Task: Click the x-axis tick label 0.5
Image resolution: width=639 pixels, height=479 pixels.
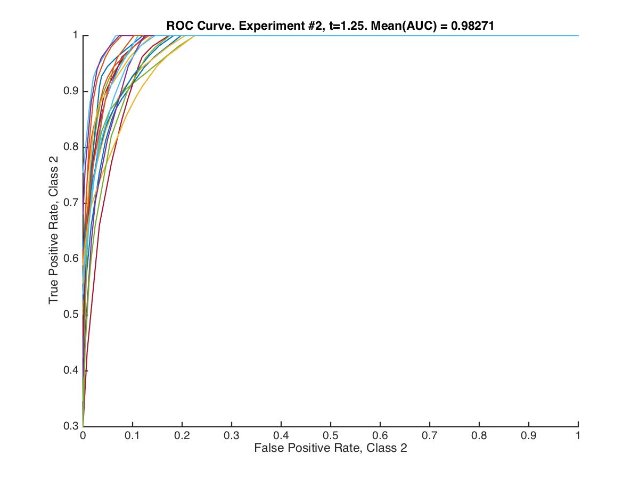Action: click(331, 435)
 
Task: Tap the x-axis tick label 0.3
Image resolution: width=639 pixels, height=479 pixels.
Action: click(232, 435)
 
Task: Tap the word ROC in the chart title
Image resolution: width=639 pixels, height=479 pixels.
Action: click(177, 24)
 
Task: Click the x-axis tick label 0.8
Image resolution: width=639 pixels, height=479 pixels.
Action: click(479, 435)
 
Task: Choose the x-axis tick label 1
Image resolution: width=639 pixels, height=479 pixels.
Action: click(578, 435)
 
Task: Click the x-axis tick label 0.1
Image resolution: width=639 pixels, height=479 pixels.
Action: click(133, 435)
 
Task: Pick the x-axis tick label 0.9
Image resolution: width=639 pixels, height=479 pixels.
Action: click(529, 435)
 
